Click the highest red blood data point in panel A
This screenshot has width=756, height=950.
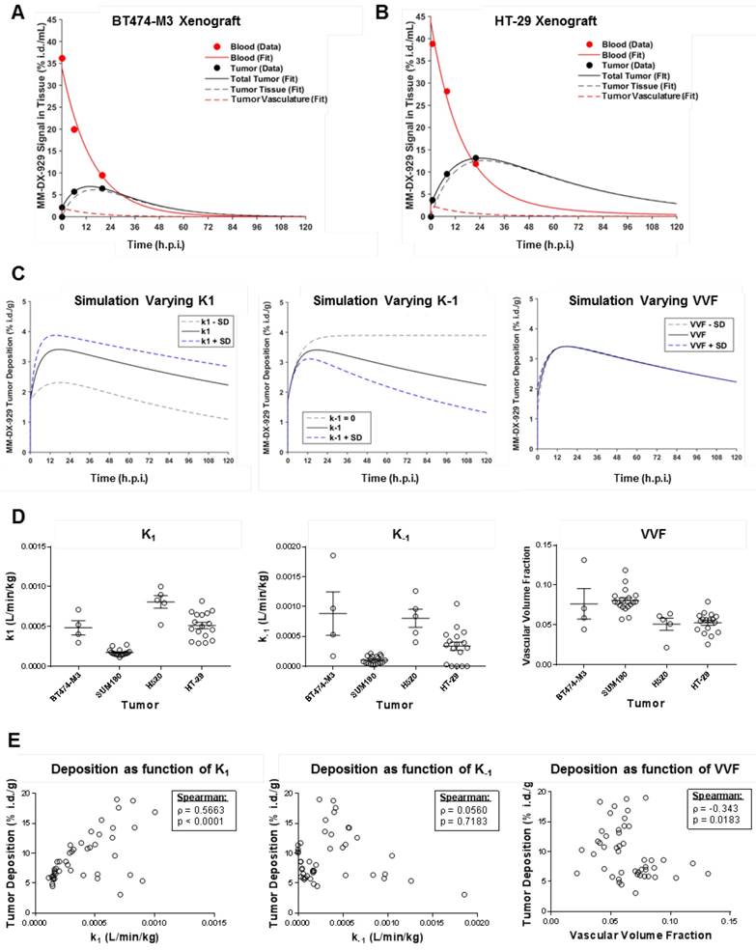click(63, 58)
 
